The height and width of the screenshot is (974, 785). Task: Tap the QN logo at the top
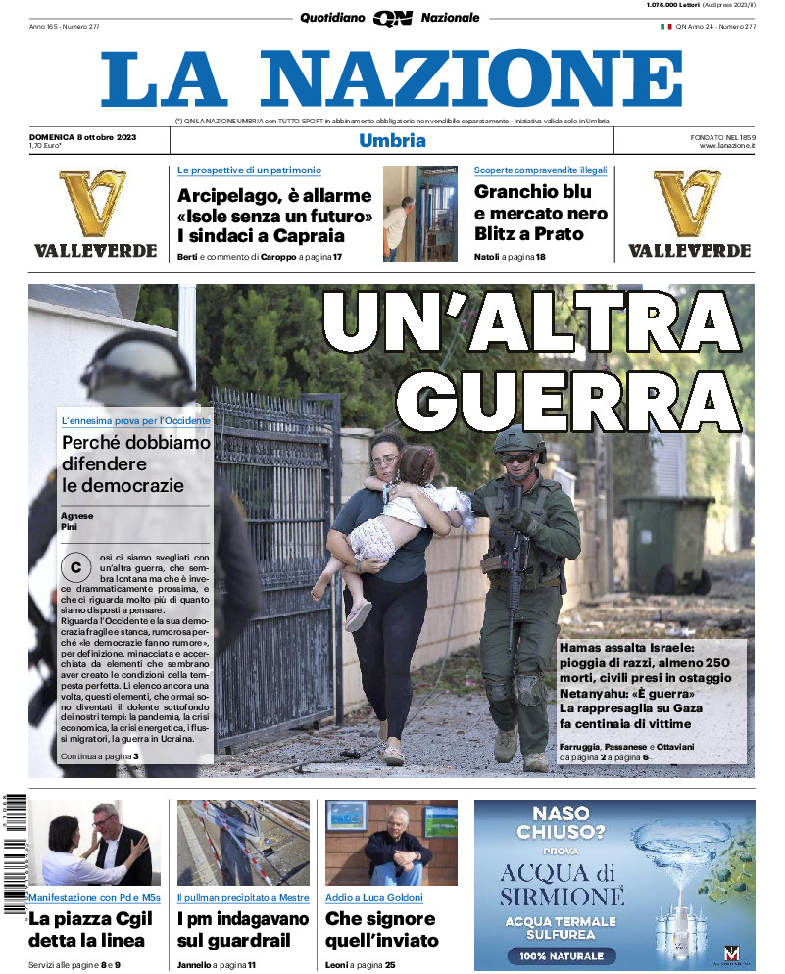(x=392, y=18)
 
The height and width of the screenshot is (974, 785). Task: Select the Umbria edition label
(x=392, y=140)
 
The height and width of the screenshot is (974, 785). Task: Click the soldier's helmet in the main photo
(x=518, y=443)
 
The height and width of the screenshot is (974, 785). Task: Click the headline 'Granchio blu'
(x=532, y=192)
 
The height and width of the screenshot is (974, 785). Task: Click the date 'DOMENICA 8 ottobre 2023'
(x=82, y=137)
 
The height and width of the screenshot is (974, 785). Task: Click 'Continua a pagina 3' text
(x=99, y=756)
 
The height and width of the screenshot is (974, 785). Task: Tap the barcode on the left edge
(x=13, y=852)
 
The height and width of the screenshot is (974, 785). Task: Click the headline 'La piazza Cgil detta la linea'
(x=87, y=929)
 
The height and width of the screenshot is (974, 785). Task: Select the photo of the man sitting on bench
(x=392, y=842)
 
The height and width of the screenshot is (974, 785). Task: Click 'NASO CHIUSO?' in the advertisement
(x=574, y=823)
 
